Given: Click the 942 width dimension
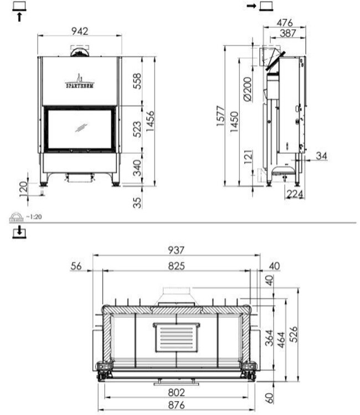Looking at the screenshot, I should (x=80, y=32).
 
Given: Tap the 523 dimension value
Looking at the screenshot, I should (x=136, y=128).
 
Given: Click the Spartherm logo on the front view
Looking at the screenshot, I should (x=80, y=82).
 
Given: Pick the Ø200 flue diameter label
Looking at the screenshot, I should (x=247, y=89).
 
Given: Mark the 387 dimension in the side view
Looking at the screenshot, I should (x=287, y=34).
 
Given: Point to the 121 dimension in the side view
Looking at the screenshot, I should (x=248, y=159).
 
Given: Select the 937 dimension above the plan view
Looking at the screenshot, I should (x=176, y=251).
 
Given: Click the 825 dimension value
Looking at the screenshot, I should (x=176, y=266).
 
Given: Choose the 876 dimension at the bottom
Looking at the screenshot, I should (x=176, y=404).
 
